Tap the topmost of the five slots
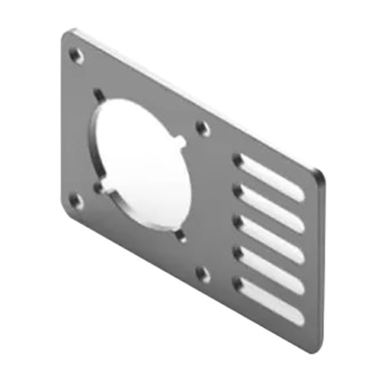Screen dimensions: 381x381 [x=270, y=177]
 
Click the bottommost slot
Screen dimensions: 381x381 [x=270, y=294]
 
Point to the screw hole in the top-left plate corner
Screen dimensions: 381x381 [x=75, y=56]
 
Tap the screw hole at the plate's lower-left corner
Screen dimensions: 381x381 [x=75, y=200]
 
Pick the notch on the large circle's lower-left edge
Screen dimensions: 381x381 [x=100, y=186]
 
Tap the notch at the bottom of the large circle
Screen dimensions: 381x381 [x=181, y=235]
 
